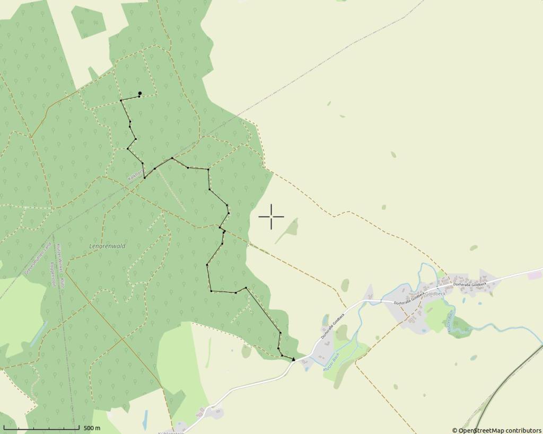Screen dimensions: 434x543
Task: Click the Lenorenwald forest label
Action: pos(107,246)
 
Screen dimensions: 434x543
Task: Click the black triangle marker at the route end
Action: pos(293,359)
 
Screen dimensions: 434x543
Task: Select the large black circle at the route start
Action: pos(139,93)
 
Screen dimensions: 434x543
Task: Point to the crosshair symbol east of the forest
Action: pos(271,216)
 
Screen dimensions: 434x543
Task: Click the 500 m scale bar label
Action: pos(92,428)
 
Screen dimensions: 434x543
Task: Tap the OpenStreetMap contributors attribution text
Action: pos(496,430)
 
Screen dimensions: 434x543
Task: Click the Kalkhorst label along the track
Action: pos(135,175)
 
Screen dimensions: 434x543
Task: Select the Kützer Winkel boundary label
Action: pos(60,265)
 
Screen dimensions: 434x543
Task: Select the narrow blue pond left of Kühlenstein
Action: pos(145,419)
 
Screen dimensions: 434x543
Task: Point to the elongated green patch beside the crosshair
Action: pos(287,231)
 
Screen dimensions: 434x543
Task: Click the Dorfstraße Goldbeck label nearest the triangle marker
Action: pos(332,326)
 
